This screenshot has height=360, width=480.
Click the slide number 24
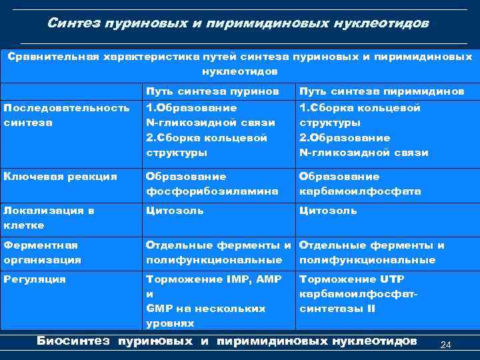(447, 345)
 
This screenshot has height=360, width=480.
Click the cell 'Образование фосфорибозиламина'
(212, 183)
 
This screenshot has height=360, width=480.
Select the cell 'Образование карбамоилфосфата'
(360, 183)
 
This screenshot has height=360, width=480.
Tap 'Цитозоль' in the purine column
(175, 211)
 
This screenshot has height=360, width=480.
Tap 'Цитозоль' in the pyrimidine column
(328, 211)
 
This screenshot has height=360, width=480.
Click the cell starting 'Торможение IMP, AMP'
(213, 301)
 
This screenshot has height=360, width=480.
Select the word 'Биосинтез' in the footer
(73, 341)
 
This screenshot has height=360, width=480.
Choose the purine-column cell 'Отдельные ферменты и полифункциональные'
(219, 252)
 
